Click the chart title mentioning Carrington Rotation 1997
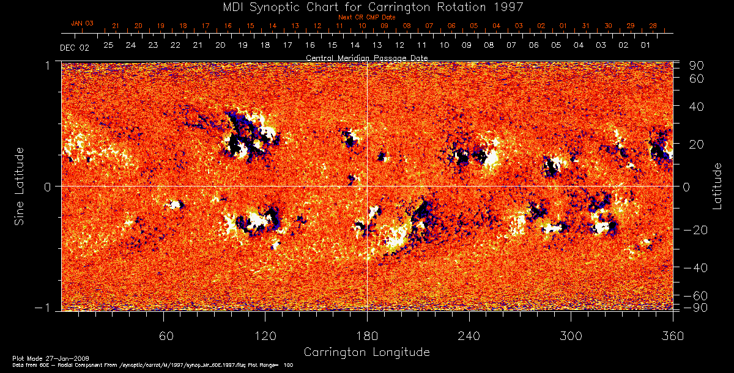tap(367, 7)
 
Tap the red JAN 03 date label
tap(82, 23)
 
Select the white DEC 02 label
tap(75, 47)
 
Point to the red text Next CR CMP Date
tap(367, 17)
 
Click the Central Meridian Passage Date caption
tap(367, 57)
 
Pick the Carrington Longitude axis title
tap(367, 352)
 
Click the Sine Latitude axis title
tap(20, 185)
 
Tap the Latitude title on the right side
tap(717, 185)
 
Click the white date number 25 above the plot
tap(108, 45)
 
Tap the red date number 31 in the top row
tap(585, 26)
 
